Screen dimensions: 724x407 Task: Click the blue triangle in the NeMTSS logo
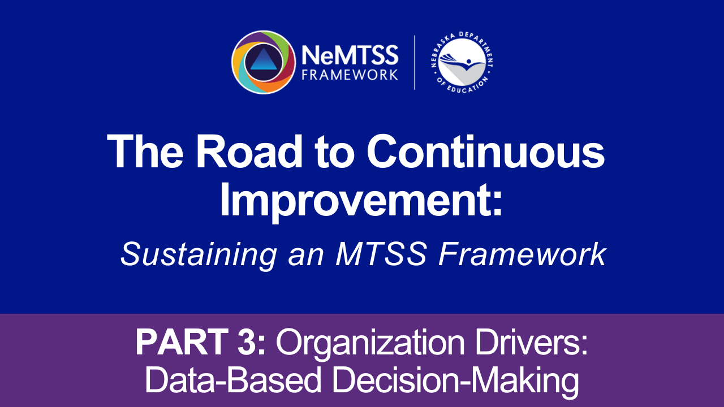(264, 60)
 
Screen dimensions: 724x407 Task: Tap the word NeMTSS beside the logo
(350, 55)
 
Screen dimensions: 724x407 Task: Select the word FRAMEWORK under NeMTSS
(350, 75)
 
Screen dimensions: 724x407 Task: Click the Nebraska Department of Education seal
(462, 62)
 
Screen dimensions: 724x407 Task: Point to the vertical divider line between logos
(415, 62)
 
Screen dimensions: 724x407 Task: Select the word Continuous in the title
(485, 152)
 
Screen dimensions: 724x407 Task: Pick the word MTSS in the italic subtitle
(381, 254)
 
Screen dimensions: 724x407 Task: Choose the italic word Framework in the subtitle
(522, 254)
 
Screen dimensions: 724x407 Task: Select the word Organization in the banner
(370, 344)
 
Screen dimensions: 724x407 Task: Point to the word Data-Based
(233, 380)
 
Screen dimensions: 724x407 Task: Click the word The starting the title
(145, 152)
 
